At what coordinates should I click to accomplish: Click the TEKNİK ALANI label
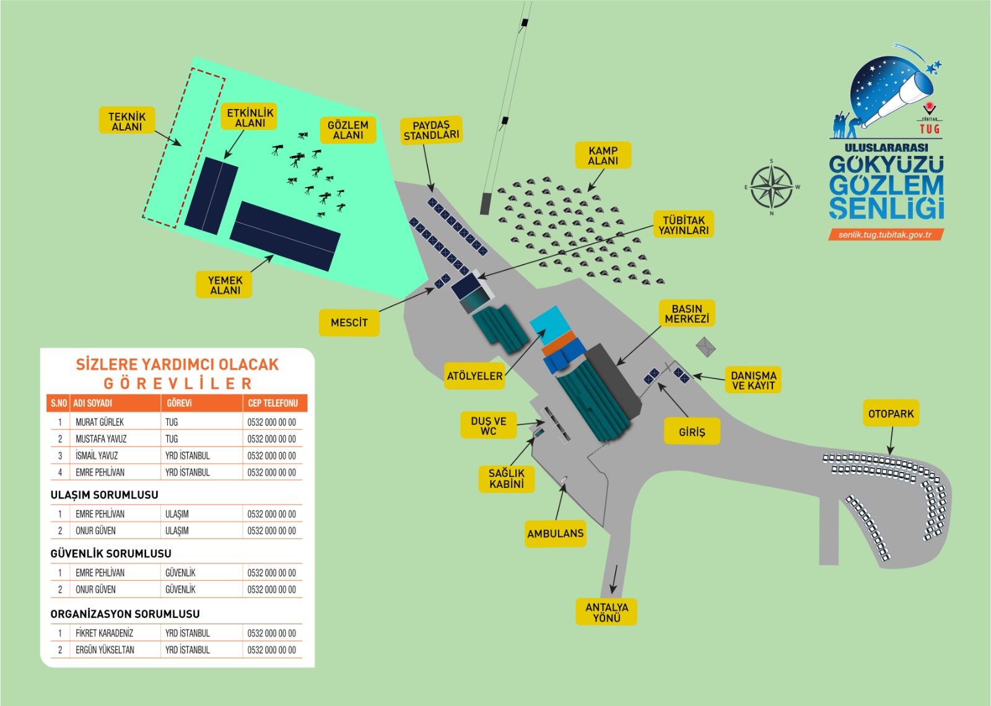click(127, 121)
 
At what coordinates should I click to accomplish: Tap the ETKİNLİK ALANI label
click(250, 117)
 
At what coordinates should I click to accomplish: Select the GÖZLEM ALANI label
click(348, 129)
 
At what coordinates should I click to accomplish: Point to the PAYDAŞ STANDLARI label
click(432, 130)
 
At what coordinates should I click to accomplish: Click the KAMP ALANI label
click(603, 155)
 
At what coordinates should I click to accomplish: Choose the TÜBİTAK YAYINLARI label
click(684, 225)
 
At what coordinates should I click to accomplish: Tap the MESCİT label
click(349, 323)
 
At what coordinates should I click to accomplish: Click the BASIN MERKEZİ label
click(687, 313)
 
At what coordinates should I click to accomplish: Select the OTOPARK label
click(891, 414)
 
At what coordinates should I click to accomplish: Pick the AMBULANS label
click(556, 533)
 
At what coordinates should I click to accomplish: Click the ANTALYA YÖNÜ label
click(607, 612)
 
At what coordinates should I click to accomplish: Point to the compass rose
click(771, 186)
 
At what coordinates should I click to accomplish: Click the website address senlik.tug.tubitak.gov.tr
click(885, 235)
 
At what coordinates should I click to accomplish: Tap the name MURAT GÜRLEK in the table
click(100, 422)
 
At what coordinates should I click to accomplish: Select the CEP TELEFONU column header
click(273, 403)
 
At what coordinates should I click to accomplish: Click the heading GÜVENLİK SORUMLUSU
click(111, 553)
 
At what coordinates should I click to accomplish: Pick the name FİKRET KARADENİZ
click(104, 633)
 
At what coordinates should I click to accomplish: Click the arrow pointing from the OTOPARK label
click(891, 442)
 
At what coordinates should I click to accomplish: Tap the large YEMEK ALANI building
click(286, 236)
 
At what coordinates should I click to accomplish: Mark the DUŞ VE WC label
click(489, 425)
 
